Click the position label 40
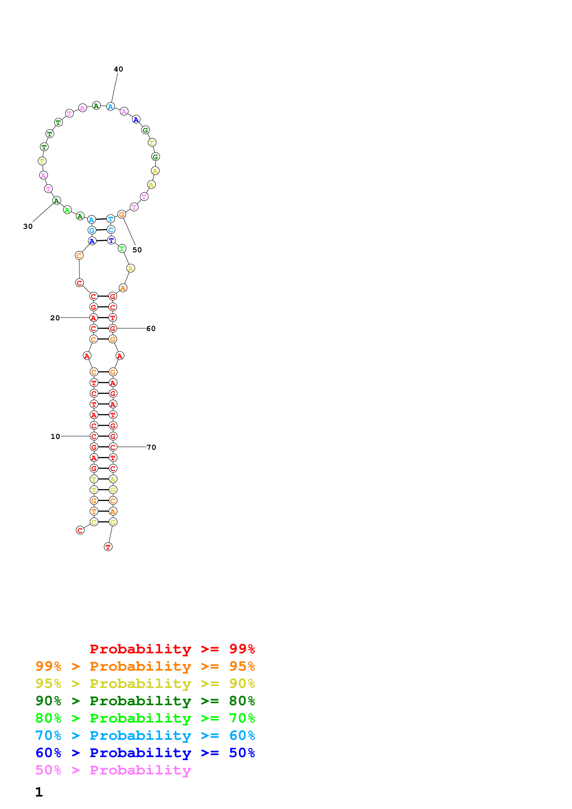[x=118, y=69]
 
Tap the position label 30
[x=28, y=226]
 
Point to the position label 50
[x=137, y=250]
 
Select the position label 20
[x=55, y=318]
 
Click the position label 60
[x=151, y=328]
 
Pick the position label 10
[x=55, y=436]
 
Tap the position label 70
[x=151, y=447]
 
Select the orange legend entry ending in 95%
[x=145, y=666]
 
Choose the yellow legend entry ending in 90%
[x=145, y=683]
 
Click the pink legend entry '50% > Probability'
[x=113, y=770]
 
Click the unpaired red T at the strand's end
[x=108, y=547]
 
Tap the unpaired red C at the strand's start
[x=80, y=530]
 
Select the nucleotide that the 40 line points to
[x=111, y=106]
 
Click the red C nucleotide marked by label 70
[x=113, y=447]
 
